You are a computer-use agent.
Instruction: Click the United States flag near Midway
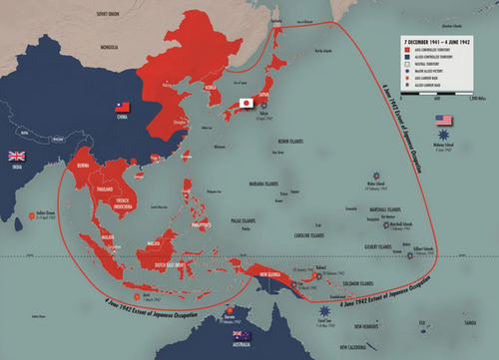[x=444, y=121]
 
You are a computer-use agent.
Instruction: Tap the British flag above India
[x=16, y=156]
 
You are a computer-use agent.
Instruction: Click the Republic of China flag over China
[x=124, y=107]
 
